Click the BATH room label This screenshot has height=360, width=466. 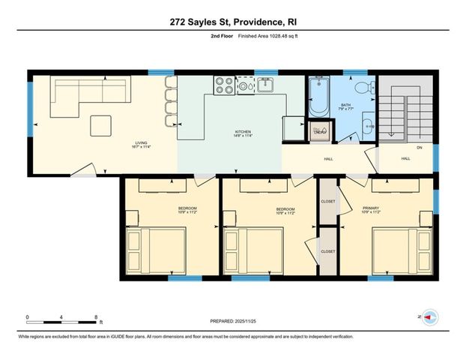pos(345,105)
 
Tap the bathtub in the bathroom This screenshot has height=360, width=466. pos(318,99)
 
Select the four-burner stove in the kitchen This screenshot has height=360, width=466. pos(223,85)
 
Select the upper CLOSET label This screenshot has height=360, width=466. pos(327,201)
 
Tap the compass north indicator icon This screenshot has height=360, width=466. pos(429,317)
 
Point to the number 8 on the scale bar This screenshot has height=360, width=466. pos(97,316)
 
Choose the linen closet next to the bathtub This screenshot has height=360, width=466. pos(319,132)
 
